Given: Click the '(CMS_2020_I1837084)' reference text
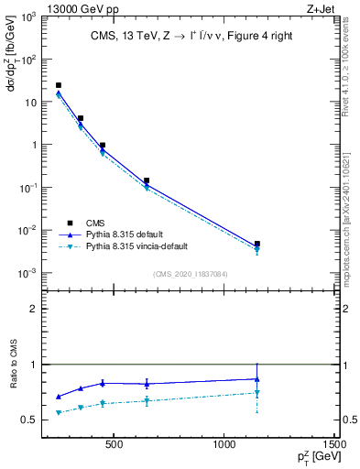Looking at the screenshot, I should [x=190, y=273].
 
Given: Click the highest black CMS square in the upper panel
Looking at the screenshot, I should [x=59, y=85].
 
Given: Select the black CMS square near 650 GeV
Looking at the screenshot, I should [x=147, y=180].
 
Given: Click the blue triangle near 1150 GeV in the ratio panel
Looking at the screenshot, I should [x=257, y=378].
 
